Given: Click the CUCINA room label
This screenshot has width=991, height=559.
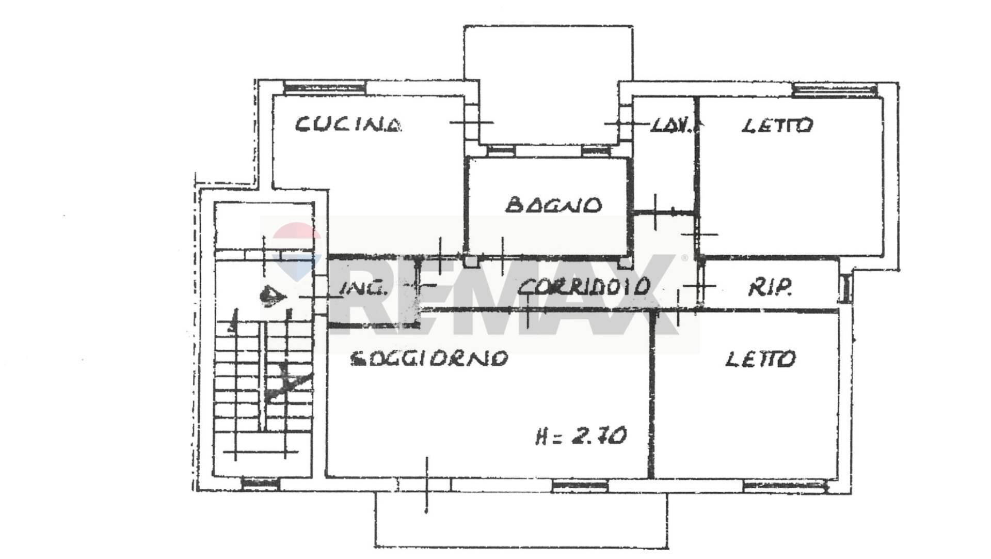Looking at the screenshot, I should tap(348, 125).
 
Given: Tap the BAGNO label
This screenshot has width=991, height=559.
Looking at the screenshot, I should tap(553, 205).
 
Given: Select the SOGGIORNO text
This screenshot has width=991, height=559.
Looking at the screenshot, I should tap(429, 358).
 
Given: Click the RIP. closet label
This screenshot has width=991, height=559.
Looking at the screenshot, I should tap(770, 288).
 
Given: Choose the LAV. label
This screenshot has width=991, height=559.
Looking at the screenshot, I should tap(670, 125).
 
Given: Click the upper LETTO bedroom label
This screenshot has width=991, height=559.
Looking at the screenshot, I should tap(777, 125).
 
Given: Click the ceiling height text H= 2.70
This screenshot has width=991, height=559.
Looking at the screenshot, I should tap(581, 436).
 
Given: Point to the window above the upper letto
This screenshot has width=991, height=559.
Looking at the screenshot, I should tap(835, 89).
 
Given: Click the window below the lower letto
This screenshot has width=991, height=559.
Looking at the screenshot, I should tap(785, 486).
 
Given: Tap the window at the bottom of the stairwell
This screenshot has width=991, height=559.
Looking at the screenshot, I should tap(261, 484).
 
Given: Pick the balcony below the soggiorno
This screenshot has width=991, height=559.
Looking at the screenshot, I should tap(520, 519).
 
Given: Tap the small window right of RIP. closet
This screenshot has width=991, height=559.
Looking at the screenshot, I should tap(845, 288).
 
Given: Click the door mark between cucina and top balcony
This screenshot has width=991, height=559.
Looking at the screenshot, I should tap(471, 122).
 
